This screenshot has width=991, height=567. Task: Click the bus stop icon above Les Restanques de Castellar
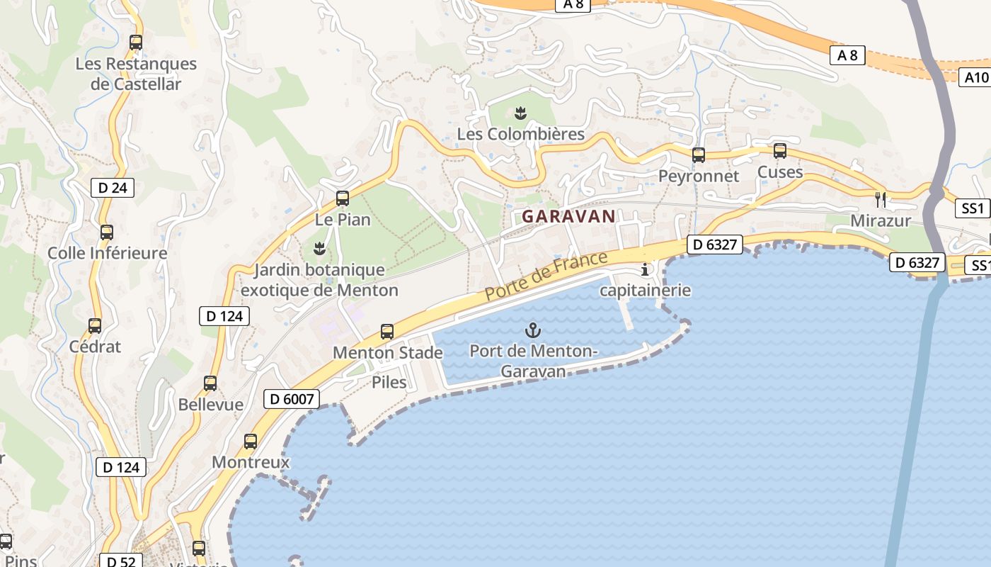pos(136,43)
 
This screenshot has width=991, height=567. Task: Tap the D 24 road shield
pos(113,188)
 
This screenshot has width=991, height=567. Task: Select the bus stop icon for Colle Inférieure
pos(107,232)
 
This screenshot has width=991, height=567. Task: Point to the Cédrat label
pos(95,347)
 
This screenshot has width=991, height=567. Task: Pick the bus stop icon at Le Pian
pos(343,198)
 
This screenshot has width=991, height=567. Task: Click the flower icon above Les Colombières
pos(521,113)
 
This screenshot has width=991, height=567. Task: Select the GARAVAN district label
pos(568,217)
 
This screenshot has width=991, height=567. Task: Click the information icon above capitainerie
pos(645,269)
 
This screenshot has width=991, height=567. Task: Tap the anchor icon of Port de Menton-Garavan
pos(533,330)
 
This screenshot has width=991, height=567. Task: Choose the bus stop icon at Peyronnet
pos(699,155)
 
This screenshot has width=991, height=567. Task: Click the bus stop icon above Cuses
pos(780,151)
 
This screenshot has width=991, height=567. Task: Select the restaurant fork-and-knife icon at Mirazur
pos(881,199)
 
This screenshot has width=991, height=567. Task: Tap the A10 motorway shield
pos(975,77)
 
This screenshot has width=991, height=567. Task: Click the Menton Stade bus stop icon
pos(387,331)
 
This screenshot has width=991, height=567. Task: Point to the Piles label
pos(389,383)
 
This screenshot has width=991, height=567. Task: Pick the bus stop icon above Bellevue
pos(210,383)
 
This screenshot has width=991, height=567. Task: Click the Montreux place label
pos(251,462)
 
